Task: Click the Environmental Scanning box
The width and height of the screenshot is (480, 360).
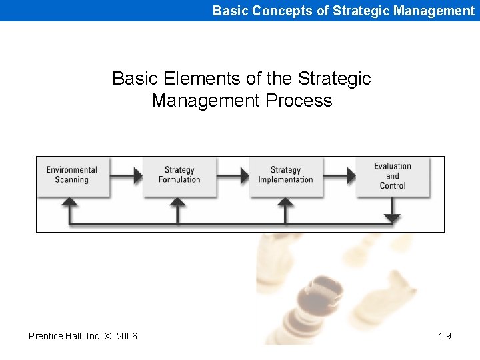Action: click(x=72, y=176)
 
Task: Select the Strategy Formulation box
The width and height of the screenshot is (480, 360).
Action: click(x=179, y=176)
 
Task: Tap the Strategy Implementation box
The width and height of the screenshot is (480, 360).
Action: click(x=285, y=176)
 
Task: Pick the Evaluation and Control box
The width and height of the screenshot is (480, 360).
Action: click(x=392, y=176)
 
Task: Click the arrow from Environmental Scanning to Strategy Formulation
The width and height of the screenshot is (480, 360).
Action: click(x=127, y=176)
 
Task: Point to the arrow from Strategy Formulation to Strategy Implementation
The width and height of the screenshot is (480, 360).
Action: click(x=233, y=176)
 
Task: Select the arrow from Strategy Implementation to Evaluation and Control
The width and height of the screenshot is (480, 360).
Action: click(x=340, y=176)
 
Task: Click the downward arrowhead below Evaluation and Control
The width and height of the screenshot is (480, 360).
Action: click(x=393, y=218)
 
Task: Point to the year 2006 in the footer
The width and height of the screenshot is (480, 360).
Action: click(x=127, y=336)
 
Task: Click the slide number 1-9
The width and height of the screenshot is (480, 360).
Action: click(x=445, y=336)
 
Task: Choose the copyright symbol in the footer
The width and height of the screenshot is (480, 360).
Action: click(x=109, y=336)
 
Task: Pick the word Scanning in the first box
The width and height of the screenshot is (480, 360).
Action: click(x=72, y=180)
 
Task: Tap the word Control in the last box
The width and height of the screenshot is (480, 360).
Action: click(x=393, y=186)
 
